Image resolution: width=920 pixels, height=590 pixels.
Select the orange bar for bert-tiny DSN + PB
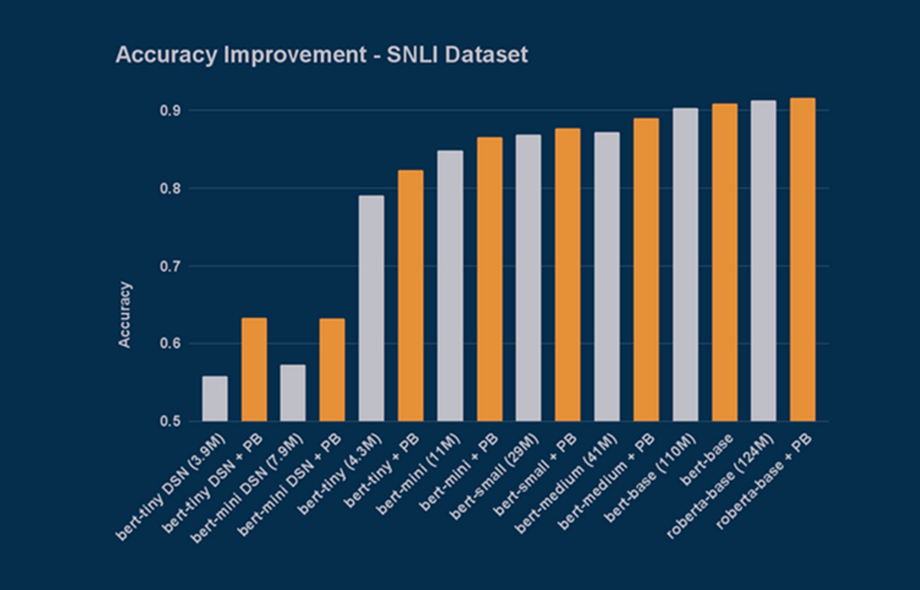[x=254, y=370]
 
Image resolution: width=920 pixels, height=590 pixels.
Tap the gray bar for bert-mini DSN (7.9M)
[x=293, y=393]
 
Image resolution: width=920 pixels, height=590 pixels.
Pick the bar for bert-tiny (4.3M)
[x=371, y=308]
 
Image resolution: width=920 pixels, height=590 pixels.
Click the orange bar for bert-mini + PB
[x=489, y=279]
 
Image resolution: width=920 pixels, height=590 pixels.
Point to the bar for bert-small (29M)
[x=528, y=278]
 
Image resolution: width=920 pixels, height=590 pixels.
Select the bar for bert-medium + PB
[x=646, y=270]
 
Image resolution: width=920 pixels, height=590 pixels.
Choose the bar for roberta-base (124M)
[x=763, y=261]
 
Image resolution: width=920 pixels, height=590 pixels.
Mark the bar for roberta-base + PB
[x=803, y=259]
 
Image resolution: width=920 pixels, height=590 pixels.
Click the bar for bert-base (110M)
[x=685, y=264]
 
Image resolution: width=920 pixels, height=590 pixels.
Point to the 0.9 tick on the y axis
[x=170, y=111]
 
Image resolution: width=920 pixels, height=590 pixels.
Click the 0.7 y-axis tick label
[x=170, y=267]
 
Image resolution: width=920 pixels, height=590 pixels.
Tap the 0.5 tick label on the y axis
[x=170, y=421]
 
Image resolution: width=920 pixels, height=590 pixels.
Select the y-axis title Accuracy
[x=125, y=314]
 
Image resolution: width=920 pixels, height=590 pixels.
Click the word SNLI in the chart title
[x=412, y=55]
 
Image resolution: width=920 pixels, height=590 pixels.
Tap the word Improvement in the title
[x=295, y=55]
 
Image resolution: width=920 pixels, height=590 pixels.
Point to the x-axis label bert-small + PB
[x=535, y=475]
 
